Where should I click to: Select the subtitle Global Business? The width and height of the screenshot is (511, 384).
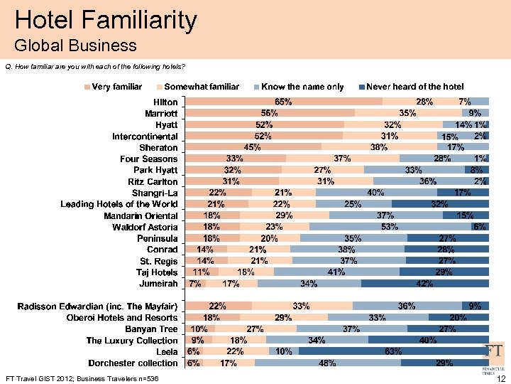[75, 46]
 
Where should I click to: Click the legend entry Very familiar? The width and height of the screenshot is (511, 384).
[113, 87]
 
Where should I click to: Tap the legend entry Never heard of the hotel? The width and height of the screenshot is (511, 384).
[414, 87]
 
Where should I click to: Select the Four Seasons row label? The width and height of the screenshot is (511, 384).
[149, 159]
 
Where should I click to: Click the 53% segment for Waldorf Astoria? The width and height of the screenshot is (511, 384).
[388, 227]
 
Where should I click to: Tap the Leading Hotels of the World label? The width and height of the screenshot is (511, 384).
[119, 204]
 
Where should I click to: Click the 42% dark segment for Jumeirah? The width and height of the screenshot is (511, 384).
[425, 284]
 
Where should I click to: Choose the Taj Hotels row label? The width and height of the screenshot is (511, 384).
[157, 272]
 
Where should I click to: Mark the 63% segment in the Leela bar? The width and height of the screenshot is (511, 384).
[393, 351]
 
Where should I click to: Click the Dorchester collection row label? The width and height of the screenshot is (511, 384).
[132, 363]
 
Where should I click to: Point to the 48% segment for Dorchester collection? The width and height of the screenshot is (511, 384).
[327, 363]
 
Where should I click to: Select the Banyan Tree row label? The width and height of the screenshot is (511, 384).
[151, 329]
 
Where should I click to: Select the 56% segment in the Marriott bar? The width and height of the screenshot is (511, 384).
[269, 113]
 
